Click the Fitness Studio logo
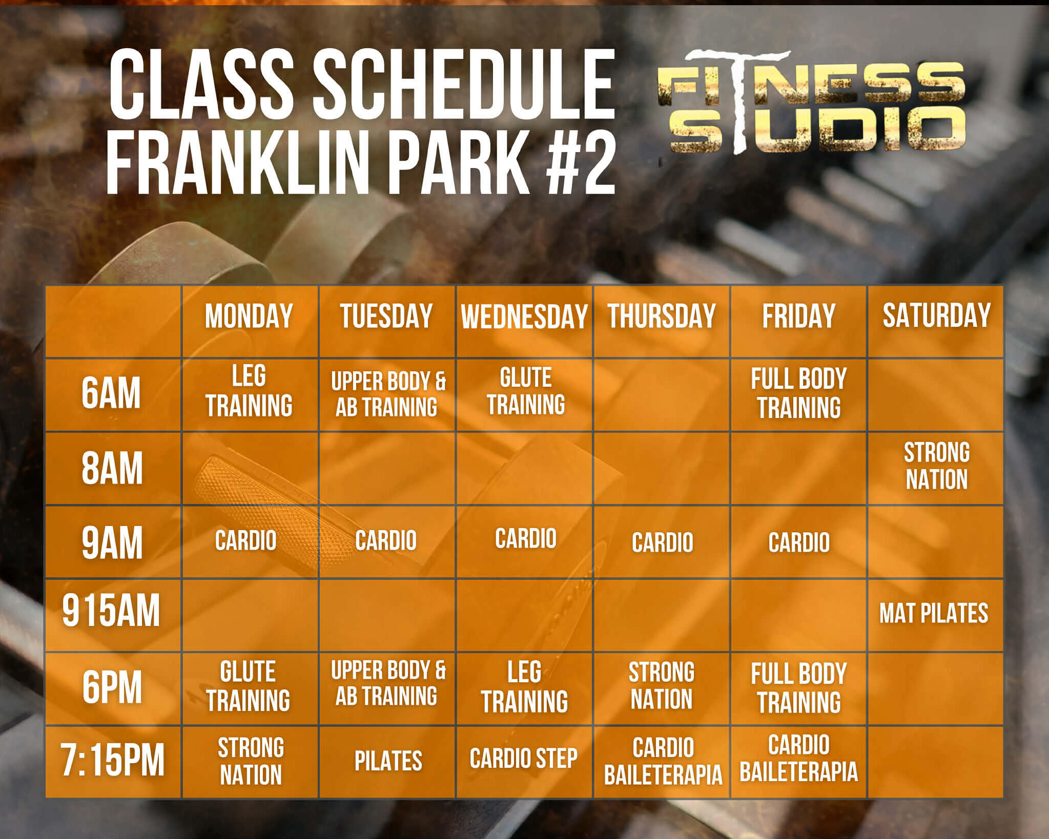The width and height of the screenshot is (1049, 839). click(x=811, y=102)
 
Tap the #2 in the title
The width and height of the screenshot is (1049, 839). click(x=580, y=161)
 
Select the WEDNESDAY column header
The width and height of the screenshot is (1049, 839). click(x=524, y=316)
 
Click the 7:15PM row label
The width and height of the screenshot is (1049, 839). click(x=113, y=760)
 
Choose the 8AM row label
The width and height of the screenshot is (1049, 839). click(x=112, y=468)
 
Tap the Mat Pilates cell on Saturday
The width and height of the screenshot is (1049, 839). click(x=934, y=613)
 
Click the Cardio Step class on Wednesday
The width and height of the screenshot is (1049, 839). click(x=523, y=759)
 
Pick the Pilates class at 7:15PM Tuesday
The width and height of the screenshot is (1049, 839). click(x=388, y=761)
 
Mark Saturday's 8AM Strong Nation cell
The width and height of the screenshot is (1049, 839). click(x=936, y=466)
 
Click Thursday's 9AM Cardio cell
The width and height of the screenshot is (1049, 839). click(x=662, y=542)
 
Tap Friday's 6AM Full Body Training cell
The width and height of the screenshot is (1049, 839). click(x=798, y=393)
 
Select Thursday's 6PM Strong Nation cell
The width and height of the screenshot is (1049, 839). click(x=662, y=686)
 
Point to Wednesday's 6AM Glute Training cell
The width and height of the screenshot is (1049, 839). click(x=526, y=391)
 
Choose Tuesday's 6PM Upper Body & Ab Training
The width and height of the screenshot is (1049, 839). click(x=388, y=683)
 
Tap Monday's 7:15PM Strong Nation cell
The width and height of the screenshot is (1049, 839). click(x=251, y=761)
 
